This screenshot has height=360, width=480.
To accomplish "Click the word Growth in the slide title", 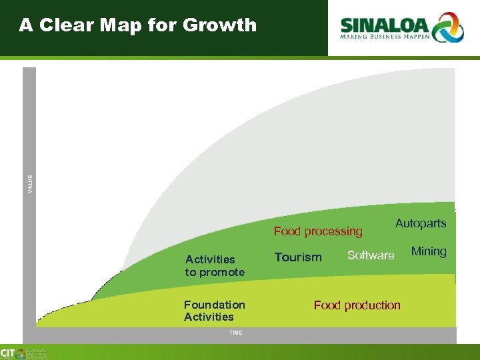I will point(219,25).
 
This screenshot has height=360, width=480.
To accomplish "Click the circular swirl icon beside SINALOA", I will point(448,27).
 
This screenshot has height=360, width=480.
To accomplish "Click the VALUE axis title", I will point(29,184).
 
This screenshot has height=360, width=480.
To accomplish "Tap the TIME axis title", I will point(235,332).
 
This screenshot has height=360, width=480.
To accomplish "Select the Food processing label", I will point(318,231).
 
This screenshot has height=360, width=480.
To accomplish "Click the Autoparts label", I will point(421,223).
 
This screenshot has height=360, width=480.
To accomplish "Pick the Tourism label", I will point(298,257).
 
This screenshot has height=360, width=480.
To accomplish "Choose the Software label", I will point(371,255).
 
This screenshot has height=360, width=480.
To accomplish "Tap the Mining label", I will point(429,251).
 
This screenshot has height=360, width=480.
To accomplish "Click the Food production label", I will point(357,305).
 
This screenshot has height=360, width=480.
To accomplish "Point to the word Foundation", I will point(215,305).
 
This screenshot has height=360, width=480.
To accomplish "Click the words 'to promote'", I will point(215,272).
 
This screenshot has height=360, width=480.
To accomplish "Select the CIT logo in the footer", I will point(9,353).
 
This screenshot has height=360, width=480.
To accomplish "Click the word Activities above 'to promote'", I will point(210,259).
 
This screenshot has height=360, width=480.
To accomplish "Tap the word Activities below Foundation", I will point(209,317).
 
